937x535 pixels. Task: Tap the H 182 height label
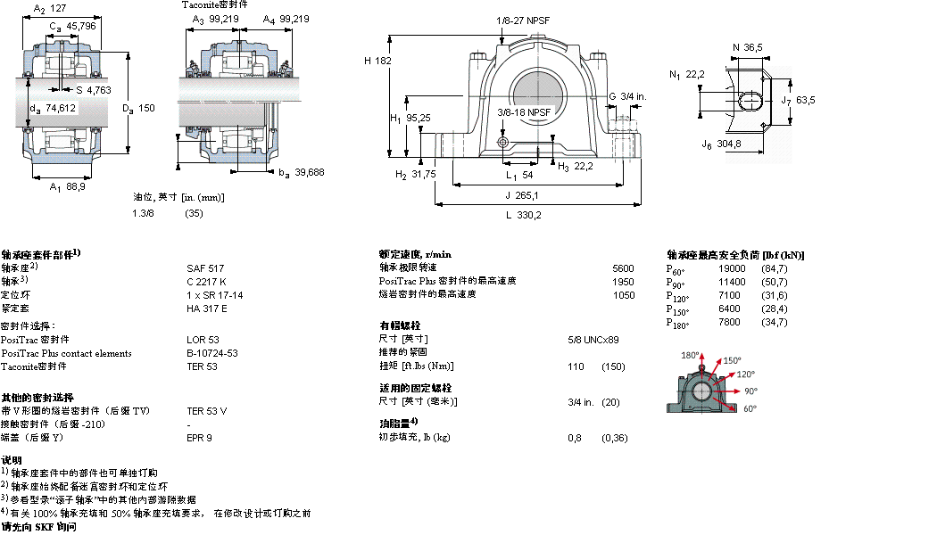pos(378,61)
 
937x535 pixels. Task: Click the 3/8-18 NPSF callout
pos(525,112)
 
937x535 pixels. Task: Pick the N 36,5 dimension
pos(747,47)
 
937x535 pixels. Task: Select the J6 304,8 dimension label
pos(721,144)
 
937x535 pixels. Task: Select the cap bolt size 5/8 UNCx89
pos(593,340)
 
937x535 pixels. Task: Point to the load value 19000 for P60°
pos(732,268)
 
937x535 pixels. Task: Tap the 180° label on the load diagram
pos(689,355)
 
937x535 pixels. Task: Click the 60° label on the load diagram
pos(748,407)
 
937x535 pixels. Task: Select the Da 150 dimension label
pos(138,108)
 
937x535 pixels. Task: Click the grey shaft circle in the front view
pos(537,94)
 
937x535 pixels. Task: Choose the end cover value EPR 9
pos(199,438)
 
